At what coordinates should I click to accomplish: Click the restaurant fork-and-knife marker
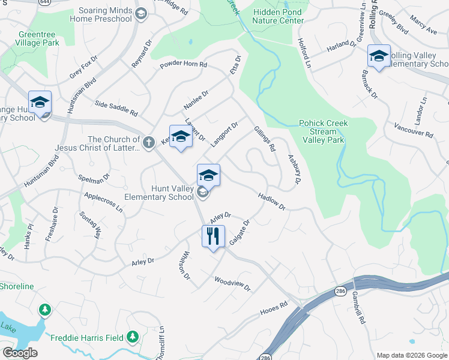pos(213,236)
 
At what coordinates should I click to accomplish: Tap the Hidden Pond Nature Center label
pos(279,16)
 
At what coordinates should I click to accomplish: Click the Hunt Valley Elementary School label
pos(159,192)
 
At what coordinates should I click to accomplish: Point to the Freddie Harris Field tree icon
pos(133,337)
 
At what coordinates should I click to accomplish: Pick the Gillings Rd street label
pos(264,138)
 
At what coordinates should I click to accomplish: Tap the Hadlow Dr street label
pos(271,200)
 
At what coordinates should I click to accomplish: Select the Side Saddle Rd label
pos(116,108)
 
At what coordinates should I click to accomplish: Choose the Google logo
pos(20,353)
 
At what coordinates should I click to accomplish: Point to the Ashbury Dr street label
pos(294,169)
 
